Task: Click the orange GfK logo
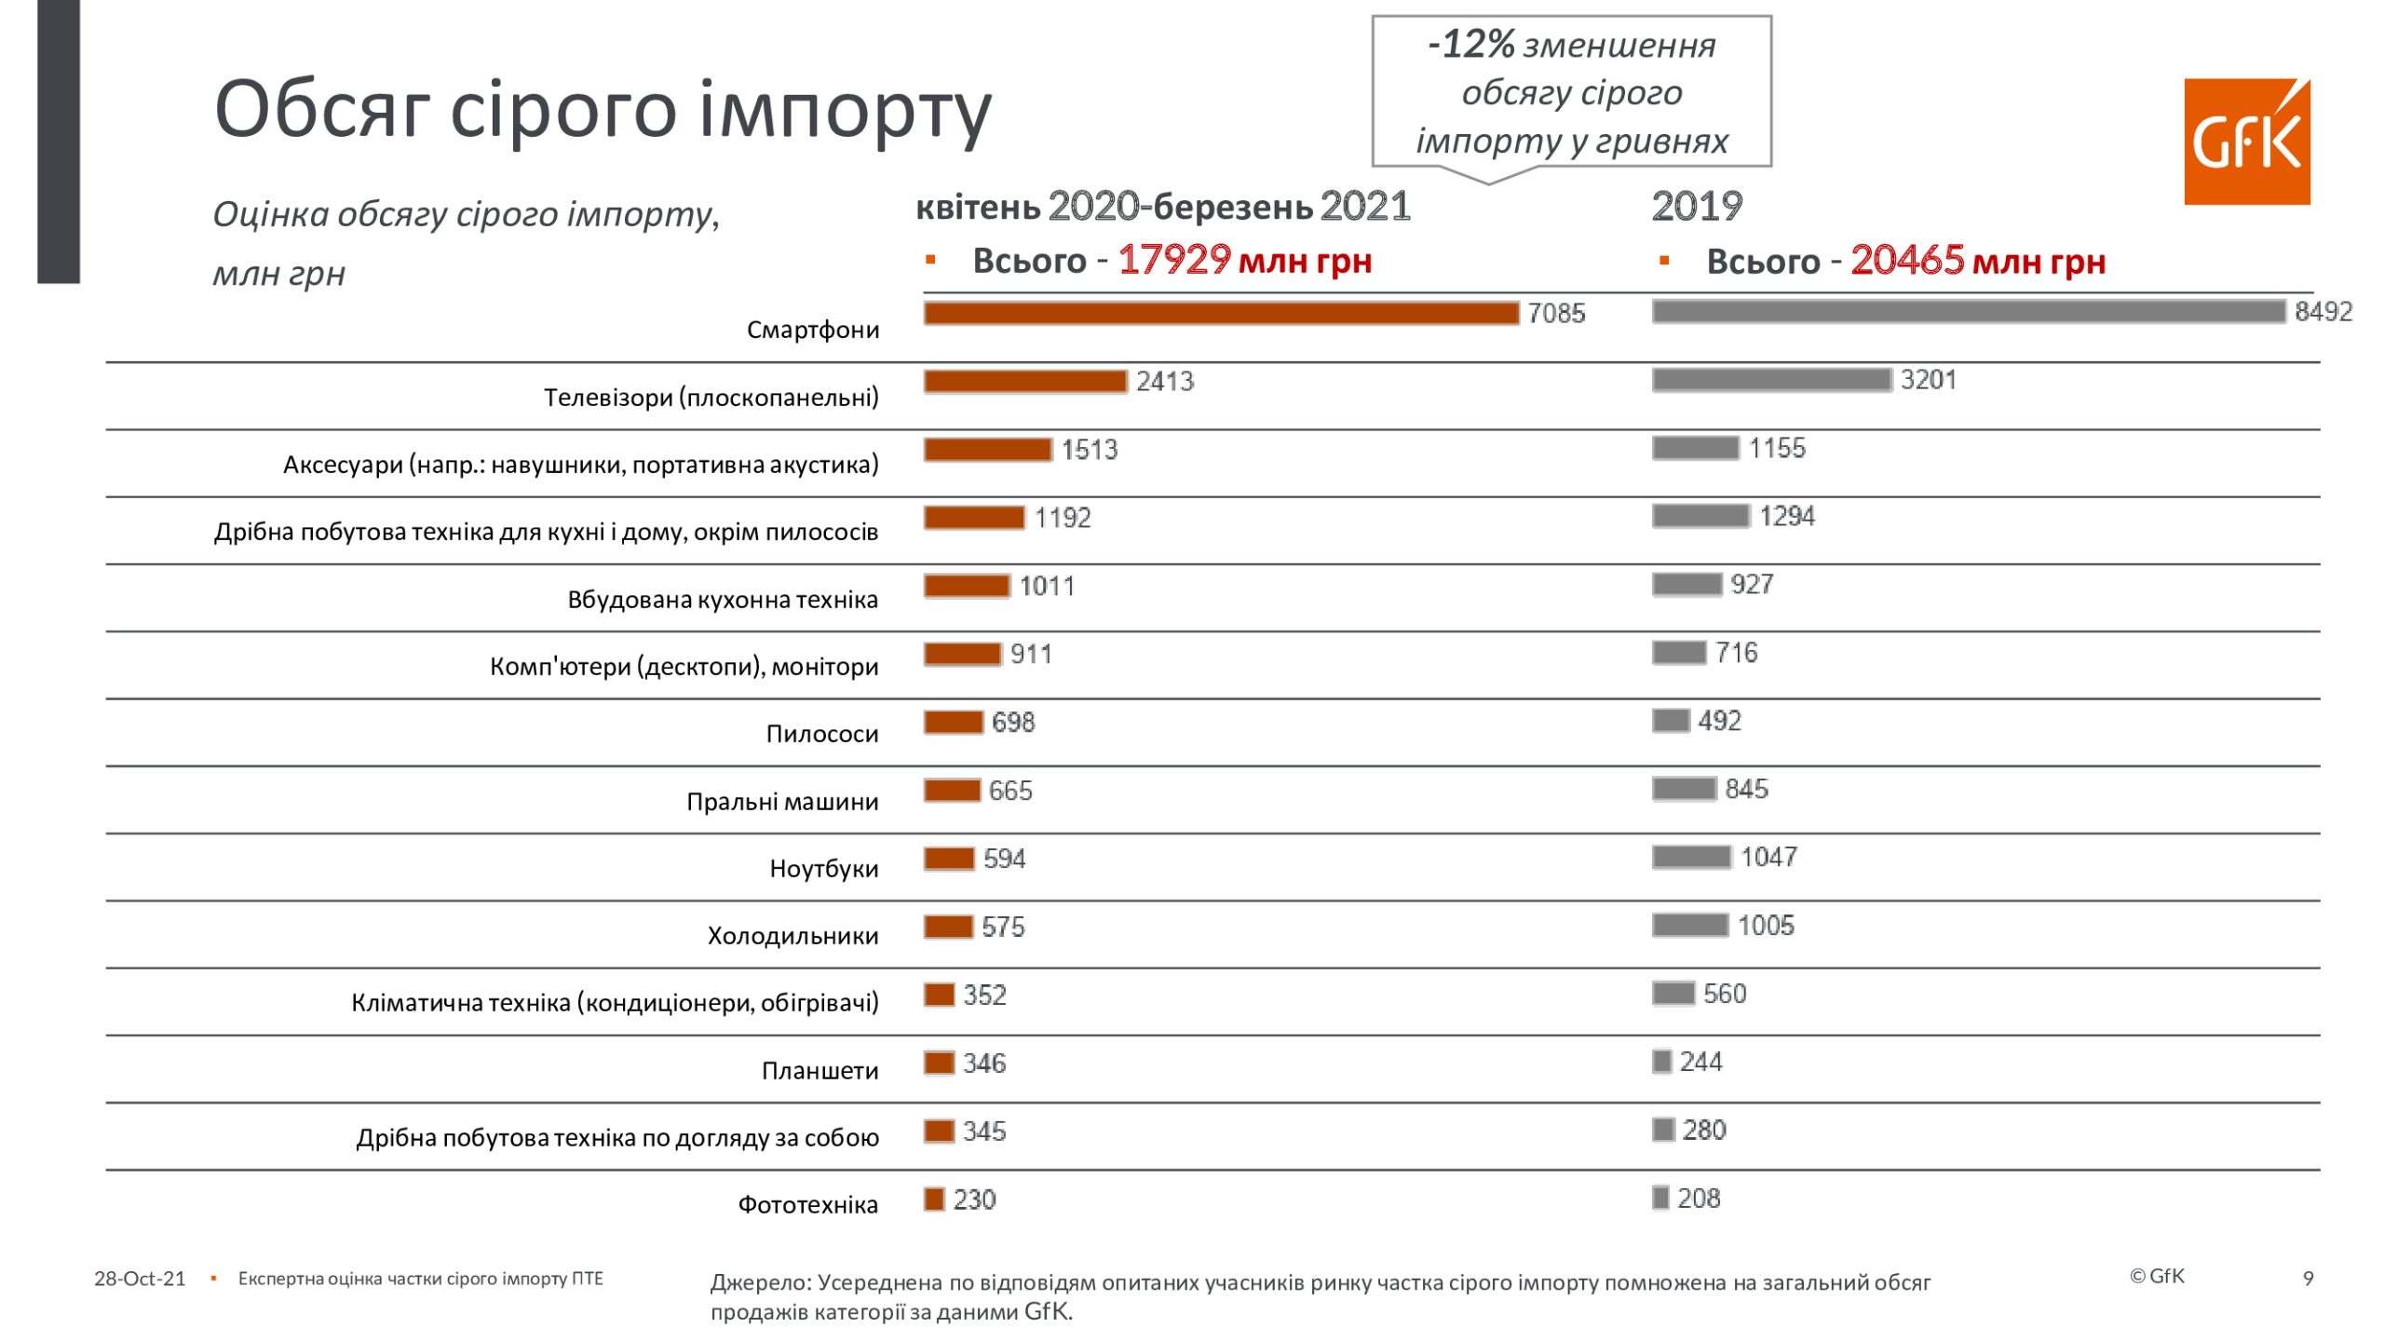click(x=2246, y=142)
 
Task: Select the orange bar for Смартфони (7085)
click(x=1220, y=314)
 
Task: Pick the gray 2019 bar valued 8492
click(x=1968, y=312)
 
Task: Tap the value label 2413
click(x=1164, y=382)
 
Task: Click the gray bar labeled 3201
click(x=1771, y=380)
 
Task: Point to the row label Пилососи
click(x=821, y=734)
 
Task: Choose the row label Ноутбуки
click(x=823, y=869)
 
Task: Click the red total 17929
click(x=1173, y=261)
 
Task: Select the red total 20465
click(x=1906, y=261)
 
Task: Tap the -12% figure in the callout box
click(x=1471, y=44)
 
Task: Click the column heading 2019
click(x=1697, y=207)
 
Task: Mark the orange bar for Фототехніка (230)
click(x=934, y=1199)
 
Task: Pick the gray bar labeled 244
click(x=1662, y=1062)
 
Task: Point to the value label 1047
click(x=1768, y=858)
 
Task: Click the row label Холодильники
click(x=792, y=936)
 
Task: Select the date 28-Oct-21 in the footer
click(x=140, y=1279)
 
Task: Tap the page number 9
click(x=2308, y=1279)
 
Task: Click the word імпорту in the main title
click(x=845, y=110)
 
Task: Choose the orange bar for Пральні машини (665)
click(x=952, y=791)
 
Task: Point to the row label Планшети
click(x=819, y=1071)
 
